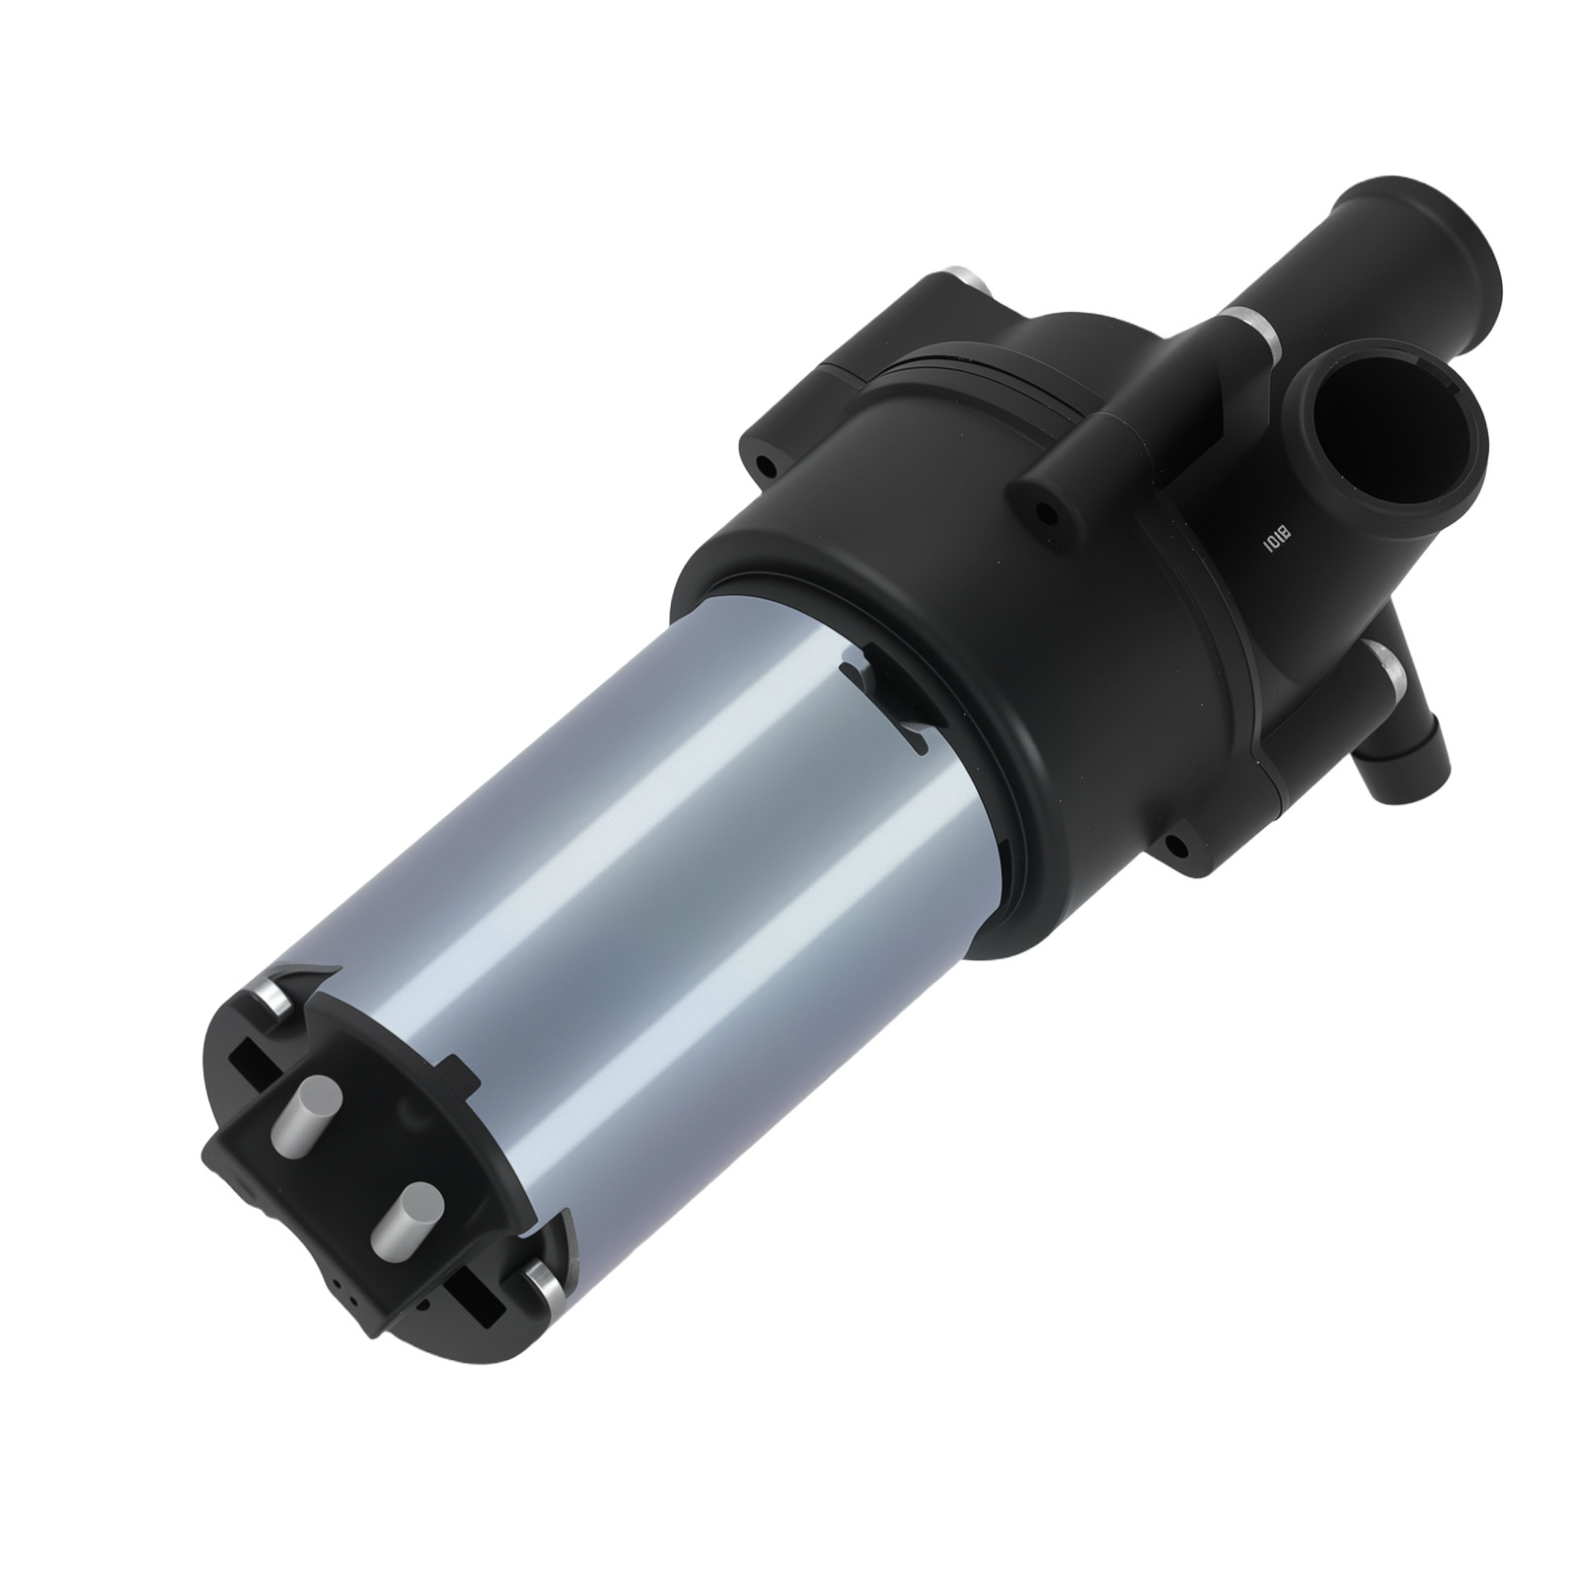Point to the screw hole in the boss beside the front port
(x=1042, y=512)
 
